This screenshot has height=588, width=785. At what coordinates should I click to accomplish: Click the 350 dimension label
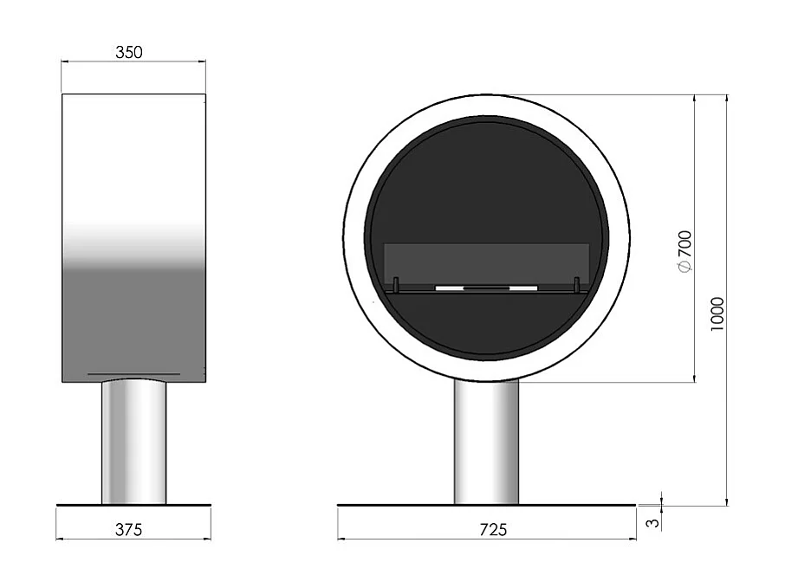point(128,52)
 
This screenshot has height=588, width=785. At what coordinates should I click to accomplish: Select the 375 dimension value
point(128,528)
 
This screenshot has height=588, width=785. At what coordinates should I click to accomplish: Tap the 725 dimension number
point(493,528)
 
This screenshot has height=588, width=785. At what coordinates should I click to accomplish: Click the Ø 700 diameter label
point(684,252)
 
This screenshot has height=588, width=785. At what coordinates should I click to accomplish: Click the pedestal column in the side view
point(133,442)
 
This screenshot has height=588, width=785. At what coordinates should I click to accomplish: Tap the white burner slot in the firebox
point(486,287)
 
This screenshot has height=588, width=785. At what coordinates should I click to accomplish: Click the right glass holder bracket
point(576,284)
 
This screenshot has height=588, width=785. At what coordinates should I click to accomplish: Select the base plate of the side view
point(133,504)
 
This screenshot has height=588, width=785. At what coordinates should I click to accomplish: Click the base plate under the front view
point(486,504)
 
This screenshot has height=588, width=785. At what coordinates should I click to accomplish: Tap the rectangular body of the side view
point(133,234)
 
